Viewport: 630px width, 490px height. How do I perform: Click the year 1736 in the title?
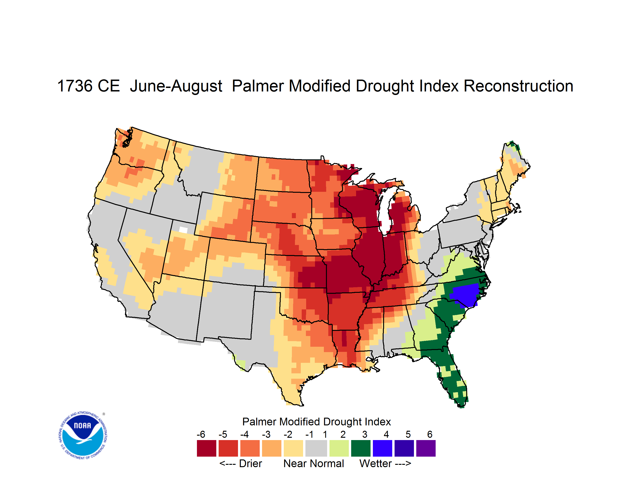(75, 86)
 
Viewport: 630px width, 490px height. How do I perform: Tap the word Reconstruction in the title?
(518, 86)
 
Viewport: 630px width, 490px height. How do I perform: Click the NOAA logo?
(83, 435)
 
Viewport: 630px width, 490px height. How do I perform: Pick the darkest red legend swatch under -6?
(206, 448)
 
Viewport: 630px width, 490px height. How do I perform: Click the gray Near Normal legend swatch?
(316, 448)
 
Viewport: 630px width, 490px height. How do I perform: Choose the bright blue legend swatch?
(382, 448)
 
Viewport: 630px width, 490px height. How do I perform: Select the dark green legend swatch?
(360, 448)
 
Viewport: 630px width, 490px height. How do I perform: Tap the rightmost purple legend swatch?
(426, 448)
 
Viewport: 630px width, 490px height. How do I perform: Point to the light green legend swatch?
(339, 448)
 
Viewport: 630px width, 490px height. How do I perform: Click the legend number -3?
(266, 434)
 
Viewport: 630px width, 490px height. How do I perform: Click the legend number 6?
(430, 434)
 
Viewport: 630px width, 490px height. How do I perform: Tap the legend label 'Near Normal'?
(314, 463)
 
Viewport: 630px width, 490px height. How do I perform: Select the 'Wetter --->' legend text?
(385, 463)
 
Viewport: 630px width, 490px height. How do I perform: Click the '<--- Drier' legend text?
(241, 463)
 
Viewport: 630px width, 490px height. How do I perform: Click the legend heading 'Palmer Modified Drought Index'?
(316, 422)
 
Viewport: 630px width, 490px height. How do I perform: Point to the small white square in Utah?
(183, 230)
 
